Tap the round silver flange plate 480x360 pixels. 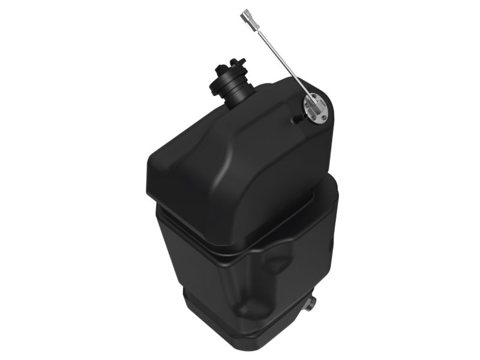pyautogui.click(x=314, y=109)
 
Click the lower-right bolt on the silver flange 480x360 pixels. pyautogui.click(x=325, y=117)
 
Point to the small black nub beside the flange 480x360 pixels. pyautogui.click(x=296, y=120)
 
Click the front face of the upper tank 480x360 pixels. pyautogui.click(x=204, y=192)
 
